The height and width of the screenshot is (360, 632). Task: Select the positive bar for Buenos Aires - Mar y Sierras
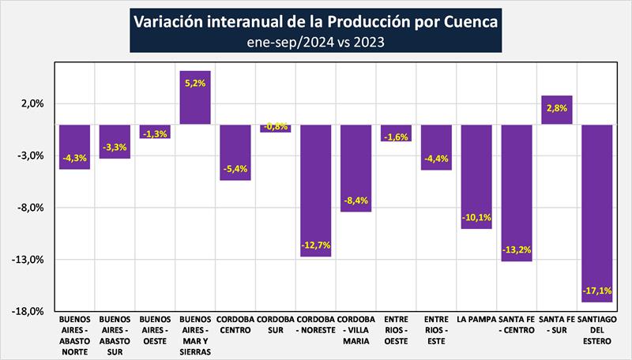pos(195,98)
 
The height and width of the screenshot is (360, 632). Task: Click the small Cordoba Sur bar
pos(275,128)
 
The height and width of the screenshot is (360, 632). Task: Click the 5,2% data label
pos(195,81)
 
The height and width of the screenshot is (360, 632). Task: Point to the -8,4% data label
pos(355,201)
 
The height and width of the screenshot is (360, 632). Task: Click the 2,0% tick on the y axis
pos(32,104)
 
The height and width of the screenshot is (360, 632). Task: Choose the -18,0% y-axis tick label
pos(28,312)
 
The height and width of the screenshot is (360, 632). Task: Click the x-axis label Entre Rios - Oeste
pos(396,330)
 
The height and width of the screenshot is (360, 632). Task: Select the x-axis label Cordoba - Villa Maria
pos(355,330)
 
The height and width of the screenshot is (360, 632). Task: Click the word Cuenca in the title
pos(462,22)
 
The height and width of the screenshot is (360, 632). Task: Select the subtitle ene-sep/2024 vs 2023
pos(315,42)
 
